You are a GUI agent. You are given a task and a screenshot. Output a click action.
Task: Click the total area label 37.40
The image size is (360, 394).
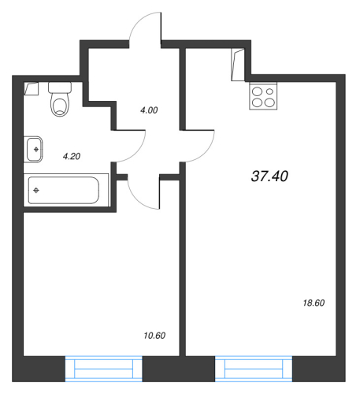[269, 177]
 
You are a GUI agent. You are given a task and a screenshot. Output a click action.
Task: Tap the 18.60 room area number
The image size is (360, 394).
[314, 303]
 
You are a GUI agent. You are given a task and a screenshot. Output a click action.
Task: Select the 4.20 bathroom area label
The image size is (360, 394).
[72, 156]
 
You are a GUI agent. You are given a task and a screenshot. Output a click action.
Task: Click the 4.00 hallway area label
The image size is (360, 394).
[147, 110]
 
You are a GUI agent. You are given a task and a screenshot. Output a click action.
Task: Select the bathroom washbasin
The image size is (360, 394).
[35, 147]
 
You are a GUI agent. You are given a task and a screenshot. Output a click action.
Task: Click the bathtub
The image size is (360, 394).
[63, 190]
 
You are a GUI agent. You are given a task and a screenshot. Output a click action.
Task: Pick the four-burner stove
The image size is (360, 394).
[262, 96]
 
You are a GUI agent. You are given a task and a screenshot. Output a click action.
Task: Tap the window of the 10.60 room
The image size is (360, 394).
[103, 367]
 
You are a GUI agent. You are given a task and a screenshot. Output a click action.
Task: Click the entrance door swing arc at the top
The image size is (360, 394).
[145, 30]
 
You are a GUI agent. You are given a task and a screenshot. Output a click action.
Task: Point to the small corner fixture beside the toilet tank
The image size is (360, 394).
[32, 88]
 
